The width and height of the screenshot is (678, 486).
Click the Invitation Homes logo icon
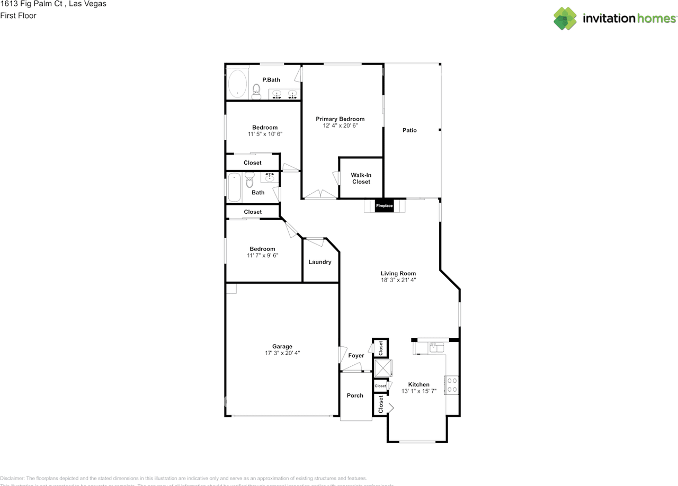pos(565,19)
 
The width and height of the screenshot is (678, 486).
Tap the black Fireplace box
pos(385,205)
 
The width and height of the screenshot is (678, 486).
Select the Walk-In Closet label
pos(361,178)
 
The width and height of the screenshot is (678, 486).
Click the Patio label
pos(409,130)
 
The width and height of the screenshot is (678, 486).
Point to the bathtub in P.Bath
pos(237,84)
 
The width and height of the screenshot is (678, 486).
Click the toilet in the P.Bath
pos(256,91)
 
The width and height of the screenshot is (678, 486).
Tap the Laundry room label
pos(320,262)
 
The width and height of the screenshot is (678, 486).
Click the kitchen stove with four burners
pos(452,385)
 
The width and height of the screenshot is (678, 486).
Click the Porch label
pos(355,395)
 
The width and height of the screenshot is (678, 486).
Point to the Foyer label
pos(356,356)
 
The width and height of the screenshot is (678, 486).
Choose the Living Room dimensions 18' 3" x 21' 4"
pos(398,280)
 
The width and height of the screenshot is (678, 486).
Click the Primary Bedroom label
pos(340,119)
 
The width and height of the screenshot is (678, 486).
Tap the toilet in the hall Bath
pos(250,181)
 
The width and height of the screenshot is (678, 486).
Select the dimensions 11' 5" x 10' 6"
pos(265,134)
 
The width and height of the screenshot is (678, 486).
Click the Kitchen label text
pos(418,384)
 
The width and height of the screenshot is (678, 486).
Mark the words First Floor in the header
pos(18,15)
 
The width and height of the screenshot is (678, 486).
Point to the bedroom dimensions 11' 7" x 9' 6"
pos(263,256)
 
